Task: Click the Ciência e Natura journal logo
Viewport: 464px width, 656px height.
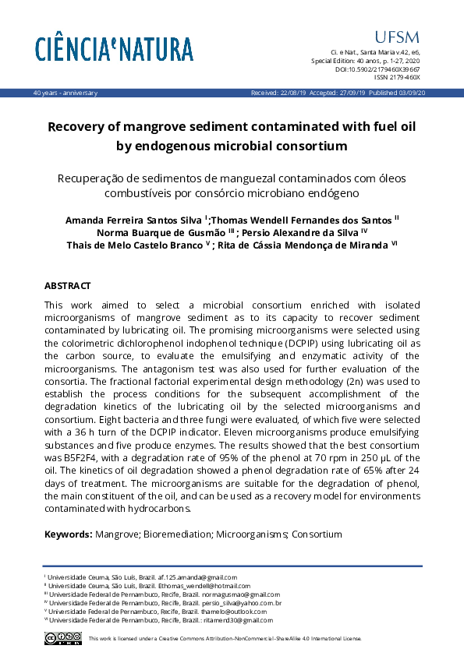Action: point(114,48)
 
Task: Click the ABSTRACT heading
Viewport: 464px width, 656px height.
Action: point(67,286)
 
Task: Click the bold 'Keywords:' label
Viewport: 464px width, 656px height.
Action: point(68,534)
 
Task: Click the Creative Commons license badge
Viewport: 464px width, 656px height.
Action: point(63,638)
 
